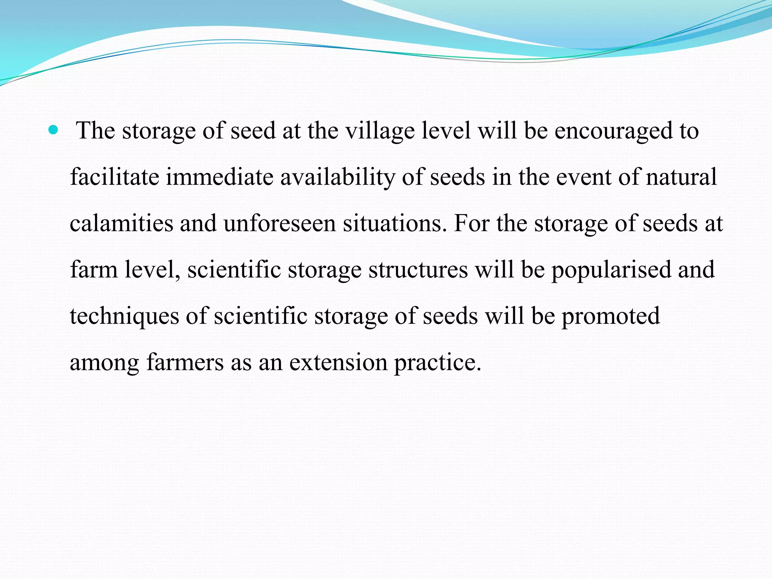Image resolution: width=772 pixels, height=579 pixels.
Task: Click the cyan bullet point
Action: coord(54,131)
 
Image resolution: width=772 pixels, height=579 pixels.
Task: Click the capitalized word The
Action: coord(95,131)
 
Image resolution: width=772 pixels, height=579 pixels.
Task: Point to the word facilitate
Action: coord(115,177)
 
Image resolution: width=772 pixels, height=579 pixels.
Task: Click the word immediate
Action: coord(219,177)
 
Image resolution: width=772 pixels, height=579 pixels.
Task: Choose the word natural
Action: coord(681,177)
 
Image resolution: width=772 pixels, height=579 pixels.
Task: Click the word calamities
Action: coord(121,224)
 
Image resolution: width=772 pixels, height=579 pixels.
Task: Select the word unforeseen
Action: coord(279,224)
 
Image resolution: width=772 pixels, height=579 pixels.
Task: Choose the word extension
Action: coord(338,363)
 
